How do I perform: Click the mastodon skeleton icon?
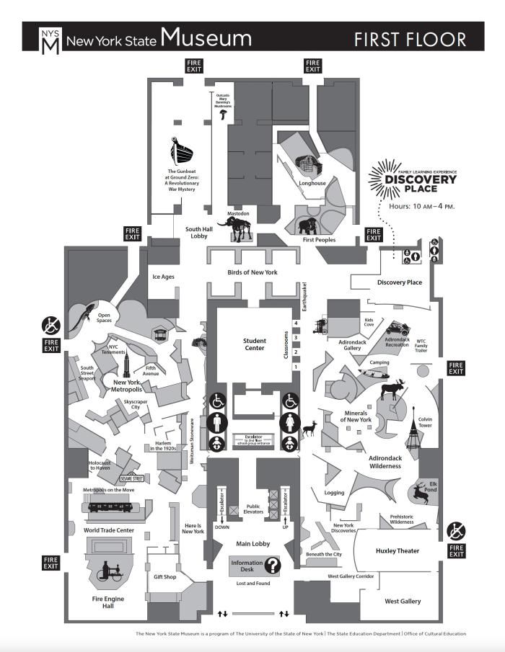[235, 229]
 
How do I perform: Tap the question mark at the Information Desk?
[272, 565]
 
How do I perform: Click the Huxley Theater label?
[398, 551]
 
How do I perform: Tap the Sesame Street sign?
[131, 478]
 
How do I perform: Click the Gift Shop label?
[165, 577]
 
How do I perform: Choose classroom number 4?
[295, 323]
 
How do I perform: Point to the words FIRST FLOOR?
[409, 39]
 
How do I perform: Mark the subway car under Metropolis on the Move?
[109, 506]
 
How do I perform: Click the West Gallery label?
[403, 601]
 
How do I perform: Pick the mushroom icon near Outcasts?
[224, 114]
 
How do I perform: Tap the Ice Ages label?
[163, 277]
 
